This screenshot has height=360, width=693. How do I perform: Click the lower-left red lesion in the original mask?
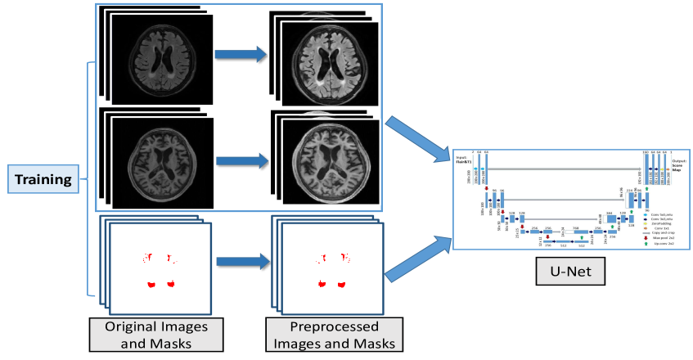151,284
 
